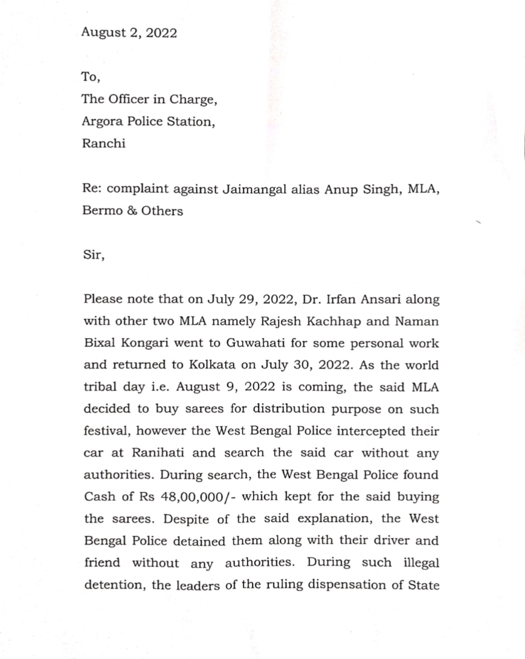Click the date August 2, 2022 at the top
(x=129, y=33)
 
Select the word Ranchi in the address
(x=104, y=143)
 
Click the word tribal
(x=101, y=387)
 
